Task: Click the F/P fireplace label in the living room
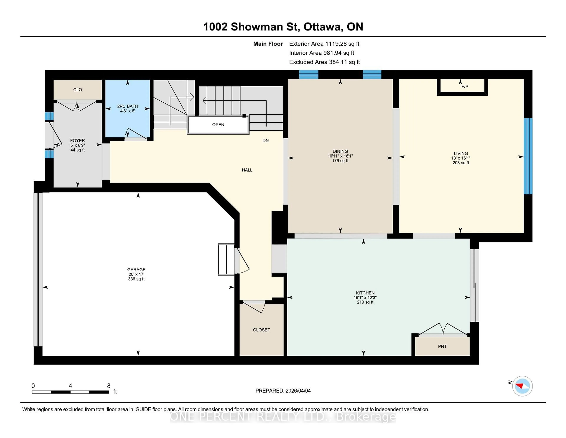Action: (465, 87)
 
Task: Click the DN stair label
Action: (265, 141)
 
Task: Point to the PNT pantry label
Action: (442, 346)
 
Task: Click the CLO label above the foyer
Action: (78, 90)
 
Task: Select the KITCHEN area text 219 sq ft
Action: (365, 302)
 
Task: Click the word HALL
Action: (247, 170)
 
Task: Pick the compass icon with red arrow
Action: (522, 386)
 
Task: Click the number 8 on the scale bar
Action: (109, 386)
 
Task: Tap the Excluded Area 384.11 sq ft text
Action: (324, 62)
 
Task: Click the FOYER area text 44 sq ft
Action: (78, 150)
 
